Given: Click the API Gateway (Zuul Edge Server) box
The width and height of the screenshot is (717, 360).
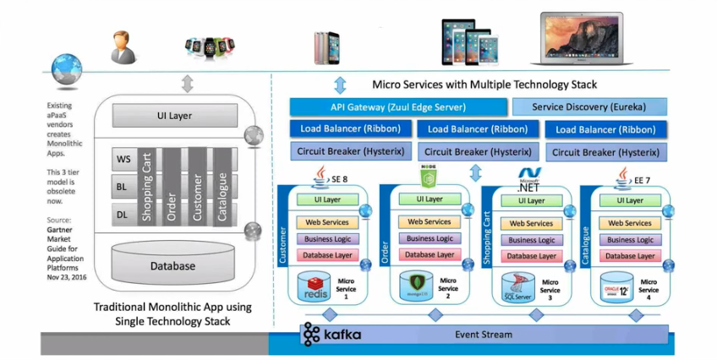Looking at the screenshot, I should (x=397, y=107).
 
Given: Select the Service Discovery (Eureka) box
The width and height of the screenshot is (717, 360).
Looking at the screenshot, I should (x=588, y=107).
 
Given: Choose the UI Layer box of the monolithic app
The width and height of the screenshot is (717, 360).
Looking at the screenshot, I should (x=173, y=115).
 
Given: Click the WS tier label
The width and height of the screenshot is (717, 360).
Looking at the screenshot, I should (x=123, y=158).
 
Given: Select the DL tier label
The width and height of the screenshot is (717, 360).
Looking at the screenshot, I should (x=123, y=215).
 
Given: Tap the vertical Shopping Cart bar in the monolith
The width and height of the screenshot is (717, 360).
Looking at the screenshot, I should (x=147, y=186).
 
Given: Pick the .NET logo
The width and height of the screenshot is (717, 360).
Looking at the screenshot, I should (x=531, y=180).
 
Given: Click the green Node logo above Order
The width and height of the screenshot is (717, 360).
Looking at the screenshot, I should (x=428, y=177).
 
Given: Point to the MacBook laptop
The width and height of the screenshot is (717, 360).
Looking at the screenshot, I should (x=584, y=38).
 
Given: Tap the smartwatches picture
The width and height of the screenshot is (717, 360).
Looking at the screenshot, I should (x=209, y=49).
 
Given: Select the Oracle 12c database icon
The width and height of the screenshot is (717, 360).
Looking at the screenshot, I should (x=619, y=286).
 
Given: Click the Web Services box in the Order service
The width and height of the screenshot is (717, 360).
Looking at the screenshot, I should (x=429, y=221).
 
